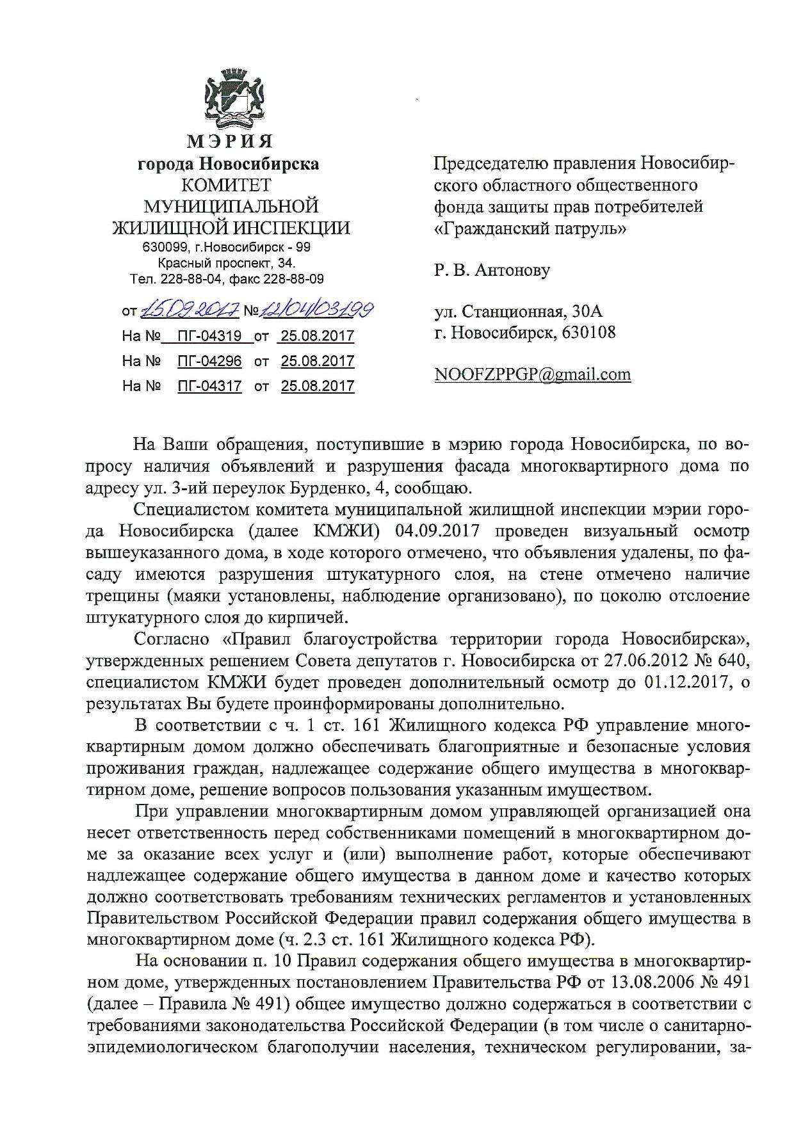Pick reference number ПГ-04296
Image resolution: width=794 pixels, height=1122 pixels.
coord(210,362)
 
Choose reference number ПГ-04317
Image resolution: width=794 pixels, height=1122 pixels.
coord(210,386)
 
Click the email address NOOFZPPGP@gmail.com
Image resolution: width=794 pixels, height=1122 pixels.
coord(533,374)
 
